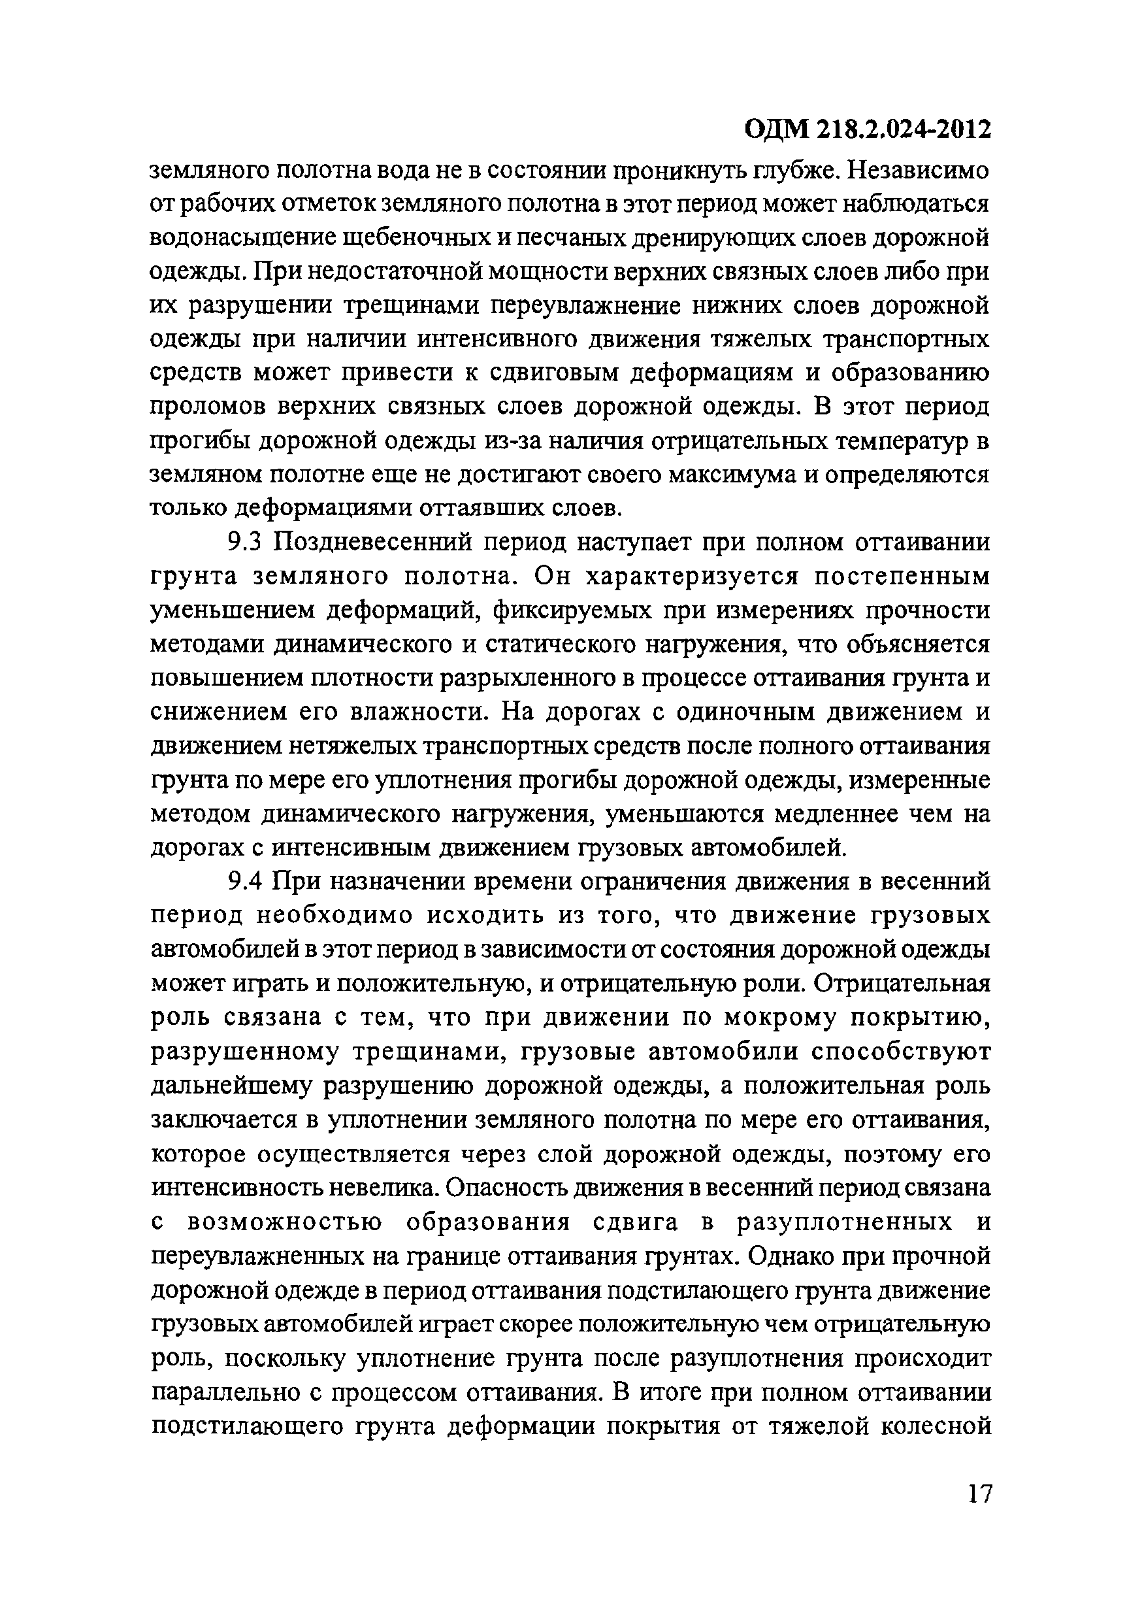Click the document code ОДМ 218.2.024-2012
[868, 130]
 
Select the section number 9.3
[245, 543]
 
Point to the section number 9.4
[245, 882]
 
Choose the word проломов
[208, 407]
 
